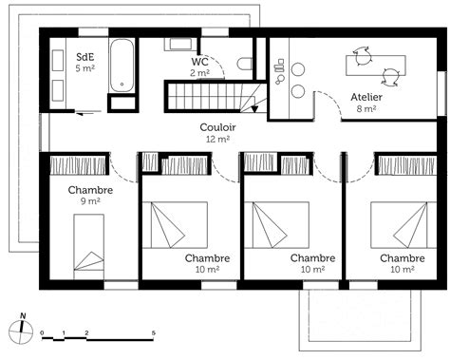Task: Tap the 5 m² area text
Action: point(84,68)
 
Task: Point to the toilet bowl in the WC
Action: point(245,64)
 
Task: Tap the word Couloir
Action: point(217,126)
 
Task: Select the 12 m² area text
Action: point(217,139)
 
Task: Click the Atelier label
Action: point(366,97)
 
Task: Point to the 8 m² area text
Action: point(366,109)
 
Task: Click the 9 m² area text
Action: point(91,201)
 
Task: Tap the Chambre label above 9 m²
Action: point(91,190)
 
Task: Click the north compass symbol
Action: point(21,331)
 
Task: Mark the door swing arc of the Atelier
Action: point(328,101)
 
